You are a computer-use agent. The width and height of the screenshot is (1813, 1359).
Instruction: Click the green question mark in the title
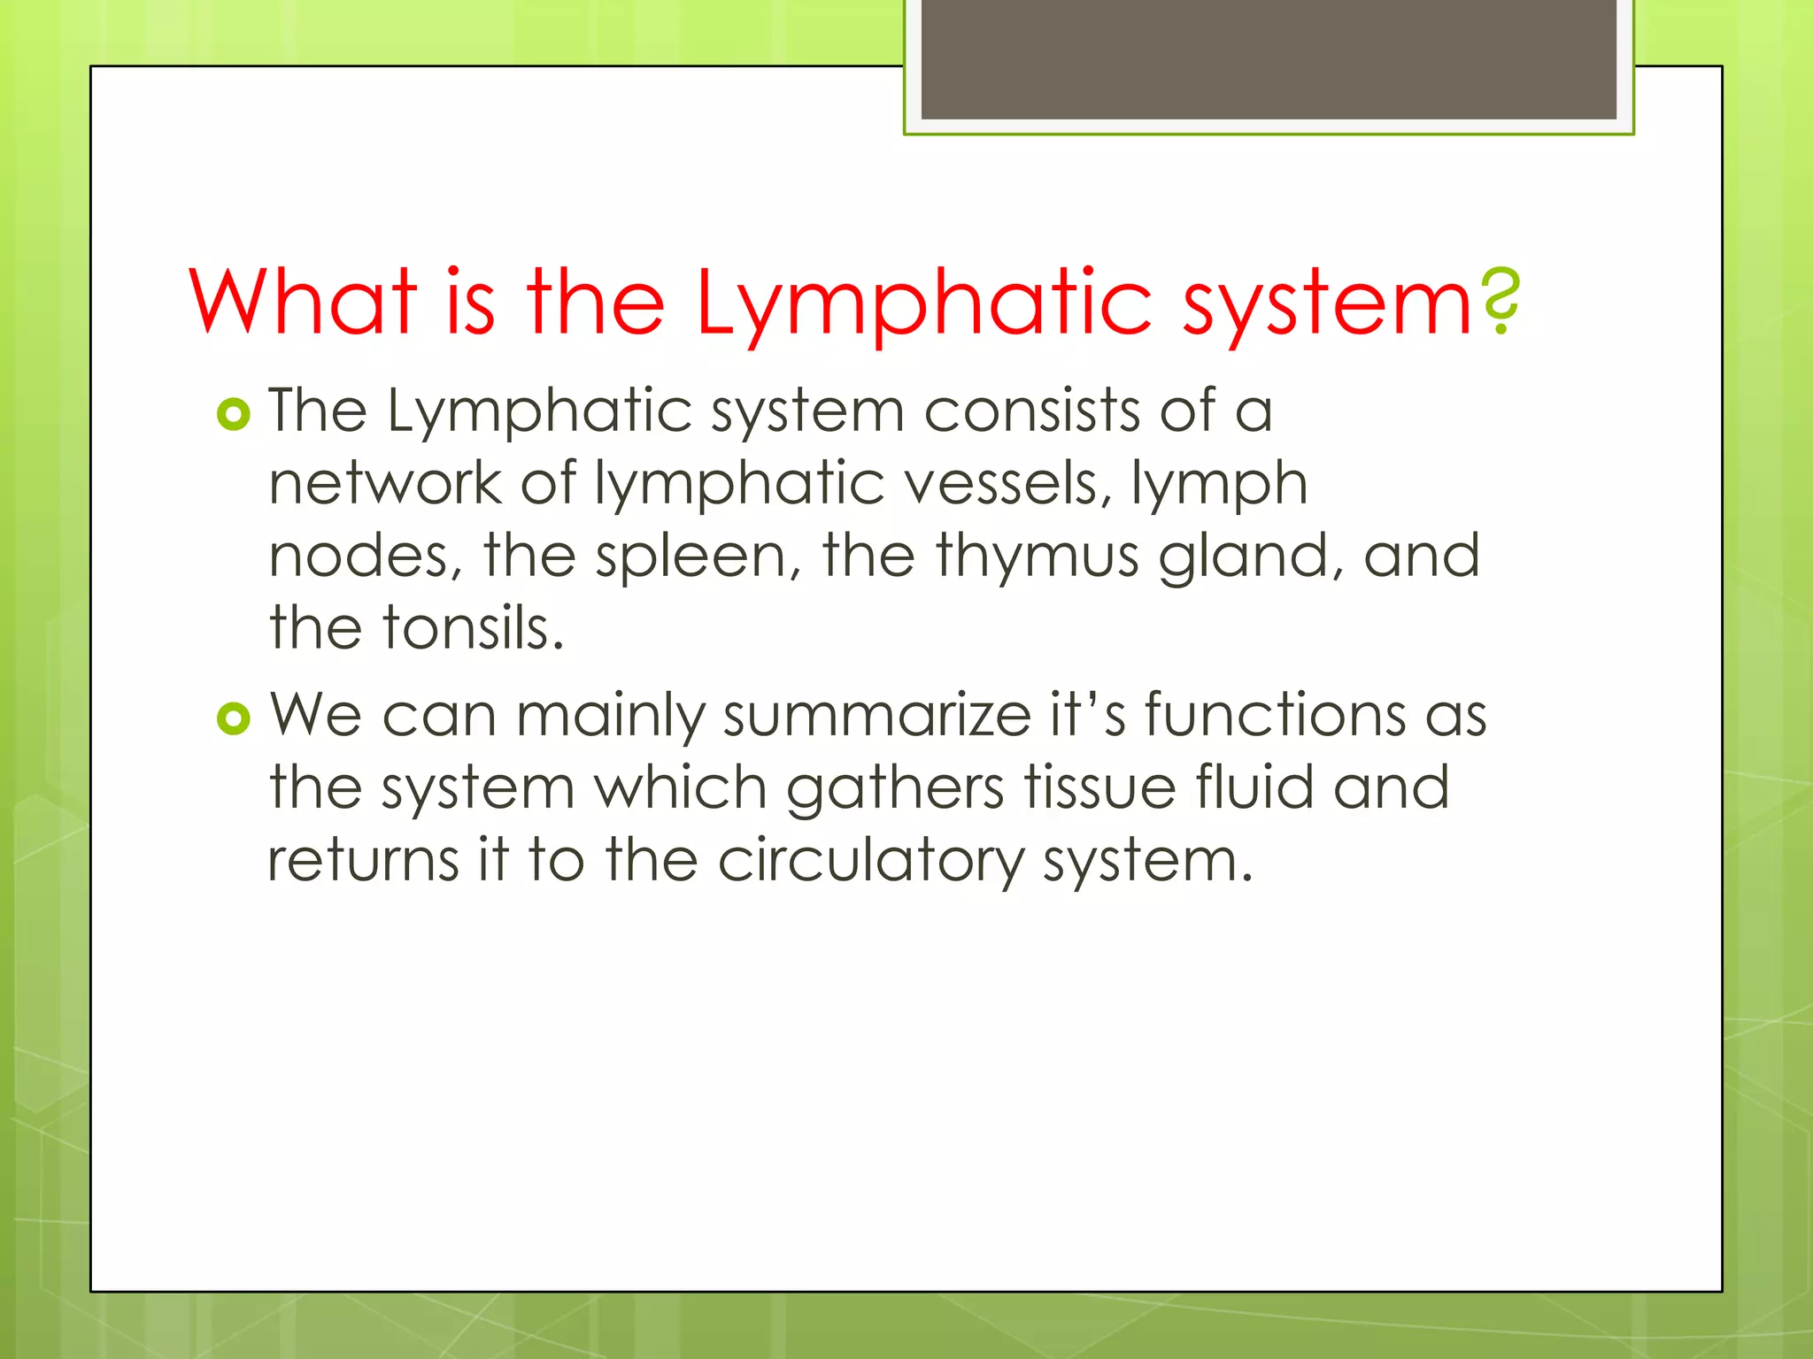coord(1500,302)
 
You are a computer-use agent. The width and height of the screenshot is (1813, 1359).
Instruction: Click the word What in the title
coord(303,302)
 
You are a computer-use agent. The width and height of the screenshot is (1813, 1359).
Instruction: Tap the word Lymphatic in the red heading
coord(923,303)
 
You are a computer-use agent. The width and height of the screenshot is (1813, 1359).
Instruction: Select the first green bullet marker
coord(234,414)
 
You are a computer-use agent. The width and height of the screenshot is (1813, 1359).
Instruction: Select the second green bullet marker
coord(234,718)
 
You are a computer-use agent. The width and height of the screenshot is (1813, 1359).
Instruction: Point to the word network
coord(385,484)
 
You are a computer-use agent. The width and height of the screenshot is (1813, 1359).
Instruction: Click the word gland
coord(1253,557)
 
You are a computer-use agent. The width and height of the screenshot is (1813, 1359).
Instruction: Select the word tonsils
coord(473,628)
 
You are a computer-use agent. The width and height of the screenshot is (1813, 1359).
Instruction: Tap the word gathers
coord(895,788)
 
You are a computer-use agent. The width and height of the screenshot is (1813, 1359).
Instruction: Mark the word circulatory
coord(870,861)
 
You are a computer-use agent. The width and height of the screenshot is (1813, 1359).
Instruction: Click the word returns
coord(363,861)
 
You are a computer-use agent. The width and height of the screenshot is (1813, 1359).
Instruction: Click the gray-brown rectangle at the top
coord(1269,58)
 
